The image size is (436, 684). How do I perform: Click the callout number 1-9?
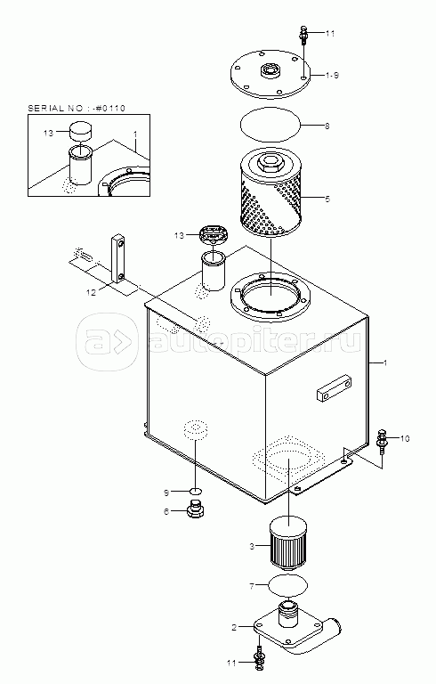click(332, 76)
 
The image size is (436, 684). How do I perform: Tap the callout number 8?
click(327, 126)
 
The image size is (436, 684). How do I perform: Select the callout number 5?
click(327, 199)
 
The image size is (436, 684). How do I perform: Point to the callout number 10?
click(405, 438)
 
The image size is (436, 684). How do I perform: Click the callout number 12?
click(91, 293)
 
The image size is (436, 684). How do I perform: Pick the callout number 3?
click(252, 546)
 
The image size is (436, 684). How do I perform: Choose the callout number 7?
click(252, 586)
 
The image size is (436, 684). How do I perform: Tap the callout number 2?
click(234, 627)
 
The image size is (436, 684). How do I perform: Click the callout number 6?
click(166, 512)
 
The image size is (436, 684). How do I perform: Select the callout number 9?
click(166, 493)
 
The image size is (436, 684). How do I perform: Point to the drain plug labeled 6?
click(197, 510)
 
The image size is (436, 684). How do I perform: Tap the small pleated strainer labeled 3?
click(288, 542)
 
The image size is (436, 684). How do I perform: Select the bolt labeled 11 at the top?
click(304, 35)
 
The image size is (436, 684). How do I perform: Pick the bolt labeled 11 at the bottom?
click(259, 660)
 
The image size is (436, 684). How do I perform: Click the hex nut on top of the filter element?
click(270, 164)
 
